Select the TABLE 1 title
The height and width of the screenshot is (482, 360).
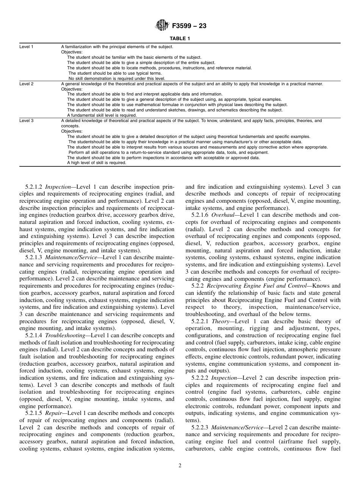[180, 39]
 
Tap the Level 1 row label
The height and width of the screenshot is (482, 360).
[27, 47]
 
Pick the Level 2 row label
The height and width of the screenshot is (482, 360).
[27, 84]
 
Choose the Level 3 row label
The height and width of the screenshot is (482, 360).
[27, 121]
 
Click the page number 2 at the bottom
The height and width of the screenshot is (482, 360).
[180, 466]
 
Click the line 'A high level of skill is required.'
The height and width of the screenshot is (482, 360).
[97, 163]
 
